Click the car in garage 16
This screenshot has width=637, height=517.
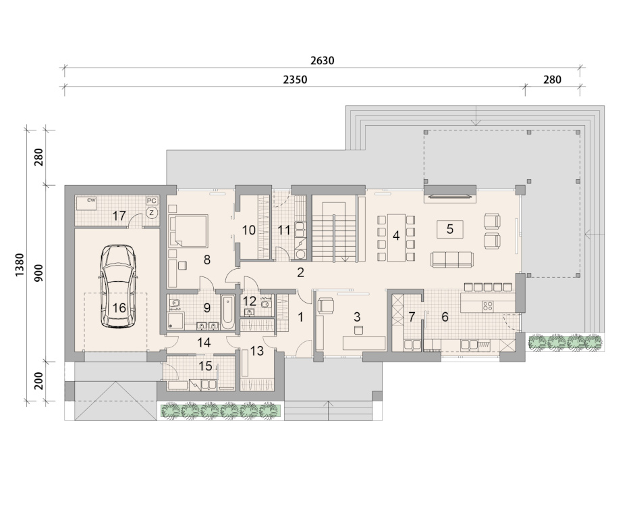click(119, 286)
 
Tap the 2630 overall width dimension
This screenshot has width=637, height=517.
click(322, 61)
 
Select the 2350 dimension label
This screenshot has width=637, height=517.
click(295, 79)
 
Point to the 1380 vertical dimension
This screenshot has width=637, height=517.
click(20, 265)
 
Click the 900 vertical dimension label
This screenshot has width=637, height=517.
click(38, 273)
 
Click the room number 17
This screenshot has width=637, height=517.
click(119, 216)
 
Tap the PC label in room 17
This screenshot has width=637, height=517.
click(152, 201)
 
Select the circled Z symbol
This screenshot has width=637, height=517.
click(152, 212)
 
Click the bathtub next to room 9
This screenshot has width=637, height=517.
click(228, 312)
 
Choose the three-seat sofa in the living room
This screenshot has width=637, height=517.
click(452, 259)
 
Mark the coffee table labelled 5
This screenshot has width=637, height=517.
click(449, 229)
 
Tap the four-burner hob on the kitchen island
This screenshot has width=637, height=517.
click(487, 306)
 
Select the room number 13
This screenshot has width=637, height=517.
click(256, 351)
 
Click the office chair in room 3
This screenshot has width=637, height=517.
click(326, 305)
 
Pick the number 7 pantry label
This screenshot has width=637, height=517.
click(412, 316)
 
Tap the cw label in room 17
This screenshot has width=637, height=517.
click(91, 200)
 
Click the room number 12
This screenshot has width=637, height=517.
click(249, 301)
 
